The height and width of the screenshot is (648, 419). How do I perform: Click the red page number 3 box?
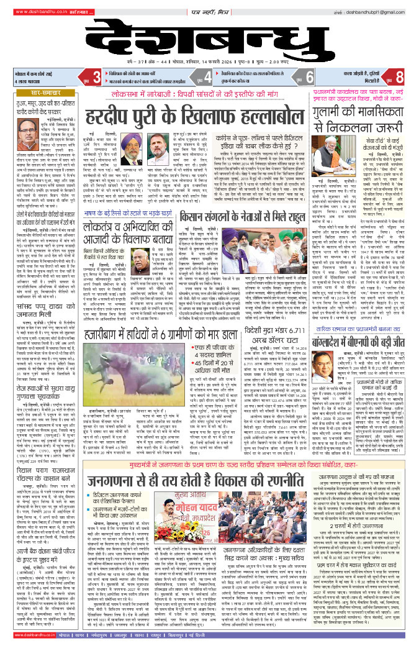(x=96, y=77)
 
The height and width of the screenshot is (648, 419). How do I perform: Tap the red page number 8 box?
(x=400, y=77)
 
